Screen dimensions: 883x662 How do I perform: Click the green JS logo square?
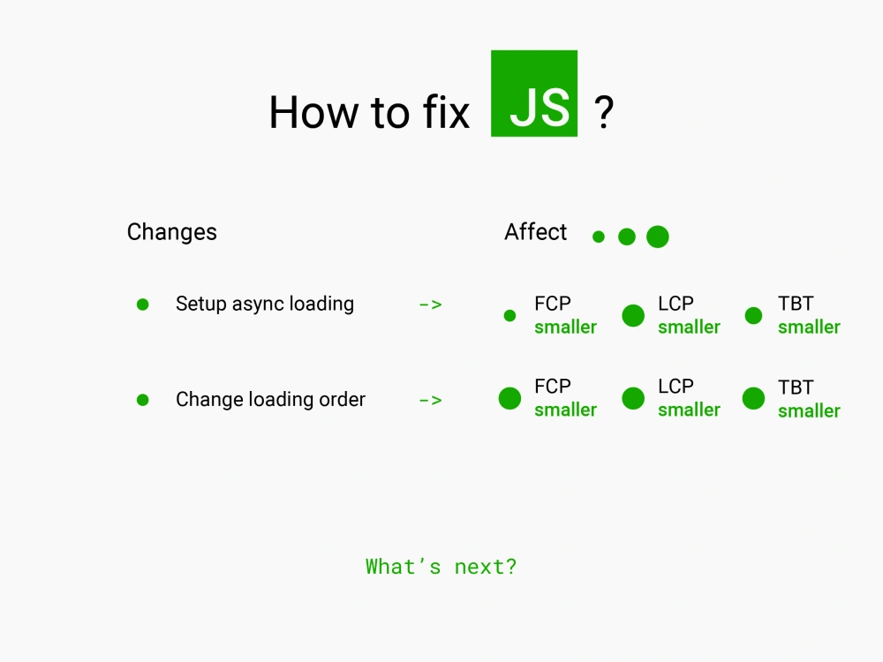tap(534, 94)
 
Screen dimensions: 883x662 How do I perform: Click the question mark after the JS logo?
tap(604, 112)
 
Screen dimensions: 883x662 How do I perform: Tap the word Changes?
tap(172, 232)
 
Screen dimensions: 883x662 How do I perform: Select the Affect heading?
tap(536, 231)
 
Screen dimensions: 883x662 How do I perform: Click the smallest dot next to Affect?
tap(599, 237)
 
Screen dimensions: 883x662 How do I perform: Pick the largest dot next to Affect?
tap(658, 237)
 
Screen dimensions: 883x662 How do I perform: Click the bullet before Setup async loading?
tap(142, 305)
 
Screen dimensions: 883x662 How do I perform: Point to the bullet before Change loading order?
tap(142, 400)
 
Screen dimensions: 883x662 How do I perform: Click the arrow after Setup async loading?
tap(431, 305)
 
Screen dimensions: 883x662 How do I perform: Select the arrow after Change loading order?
tap(431, 400)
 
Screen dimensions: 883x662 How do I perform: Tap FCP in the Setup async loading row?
tap(553, 304)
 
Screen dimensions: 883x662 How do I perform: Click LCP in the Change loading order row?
tap(675, 387)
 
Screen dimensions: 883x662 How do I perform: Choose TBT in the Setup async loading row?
tap(796, 304)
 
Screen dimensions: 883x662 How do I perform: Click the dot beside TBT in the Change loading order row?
tap(753, 399)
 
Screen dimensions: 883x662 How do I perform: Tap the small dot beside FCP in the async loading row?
tap(509, 316)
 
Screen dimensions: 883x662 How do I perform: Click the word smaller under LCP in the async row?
tap(689, 327)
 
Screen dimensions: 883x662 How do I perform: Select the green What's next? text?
tap(441, 567)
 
